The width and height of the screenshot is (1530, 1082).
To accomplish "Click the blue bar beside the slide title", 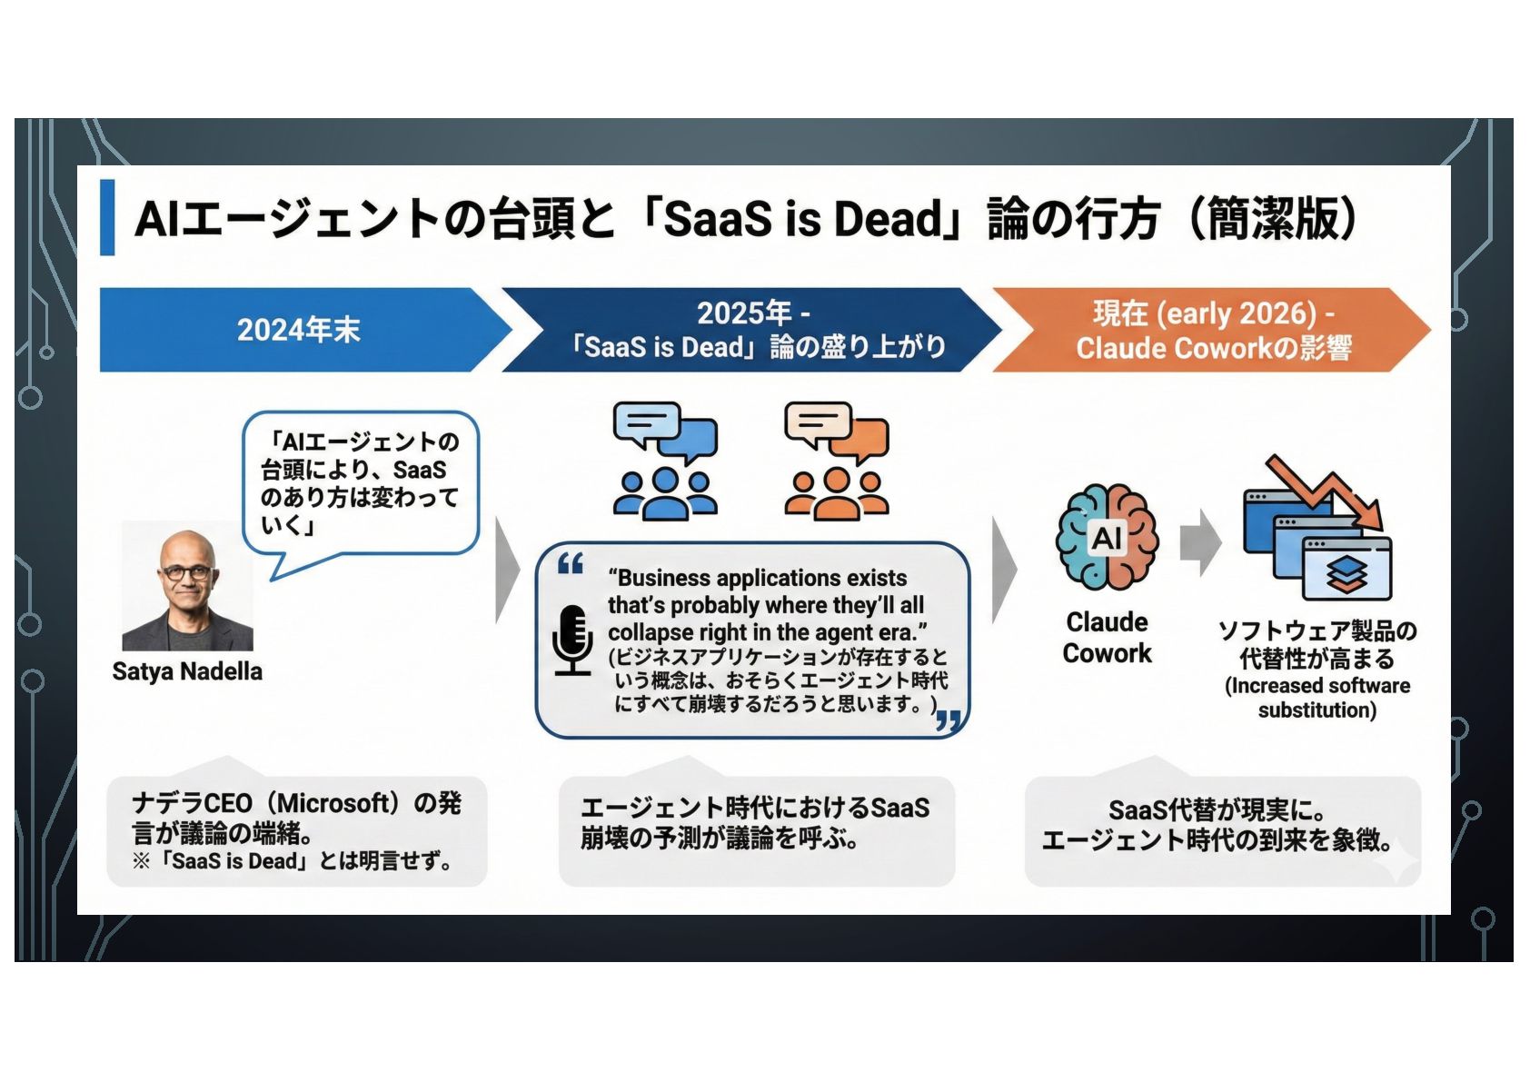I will click(107, 218).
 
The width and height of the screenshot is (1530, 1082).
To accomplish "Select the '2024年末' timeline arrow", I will click(299, 330).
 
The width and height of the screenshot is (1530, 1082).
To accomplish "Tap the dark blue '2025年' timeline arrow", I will click(754, 330).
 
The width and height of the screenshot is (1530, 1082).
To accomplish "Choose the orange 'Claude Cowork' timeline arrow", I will click(1213, 330).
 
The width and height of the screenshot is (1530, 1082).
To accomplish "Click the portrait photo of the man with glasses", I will click(187, 586).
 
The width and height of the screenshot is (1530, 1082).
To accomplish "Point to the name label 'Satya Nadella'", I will click(187, 671).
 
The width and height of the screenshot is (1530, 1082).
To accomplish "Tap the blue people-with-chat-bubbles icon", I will click(665, 461).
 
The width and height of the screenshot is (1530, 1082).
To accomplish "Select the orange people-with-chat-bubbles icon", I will click(836, 461).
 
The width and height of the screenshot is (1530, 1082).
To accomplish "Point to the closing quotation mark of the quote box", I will click(948, 721).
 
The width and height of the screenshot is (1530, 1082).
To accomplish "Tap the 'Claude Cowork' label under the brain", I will click(1107, 638).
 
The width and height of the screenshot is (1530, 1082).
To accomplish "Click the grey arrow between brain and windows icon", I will click(1200, 541).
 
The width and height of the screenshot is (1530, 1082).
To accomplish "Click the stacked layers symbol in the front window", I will click(1346, 574).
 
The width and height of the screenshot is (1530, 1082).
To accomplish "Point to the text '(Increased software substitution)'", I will click(1316, 698).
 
